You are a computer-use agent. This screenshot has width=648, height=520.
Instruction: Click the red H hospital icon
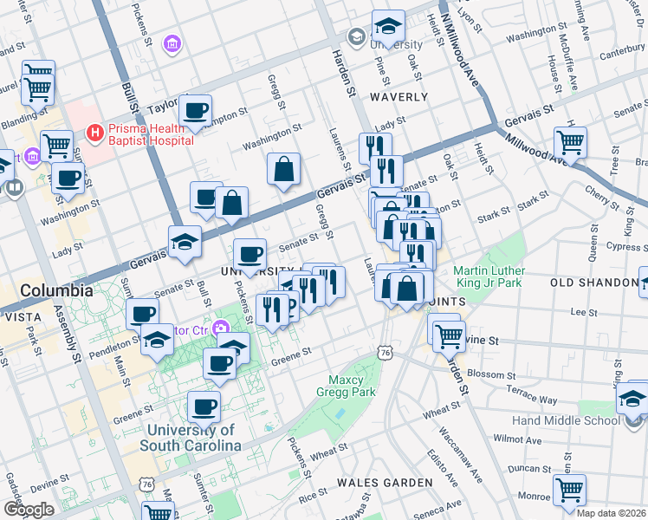pos(94,132)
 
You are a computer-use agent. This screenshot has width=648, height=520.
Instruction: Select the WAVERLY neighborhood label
pos(399,97)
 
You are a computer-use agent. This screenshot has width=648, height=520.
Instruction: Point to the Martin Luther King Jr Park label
pos(498,276)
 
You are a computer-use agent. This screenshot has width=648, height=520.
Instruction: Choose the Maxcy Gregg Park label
pos(352,386)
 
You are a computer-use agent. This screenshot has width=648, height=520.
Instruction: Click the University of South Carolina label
pos(192,438)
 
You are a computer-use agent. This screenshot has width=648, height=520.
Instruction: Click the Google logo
pos(29,509)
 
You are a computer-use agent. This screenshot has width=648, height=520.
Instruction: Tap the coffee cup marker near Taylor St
pos(196,110)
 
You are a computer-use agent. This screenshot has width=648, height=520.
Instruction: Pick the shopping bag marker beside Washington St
pos(283,169)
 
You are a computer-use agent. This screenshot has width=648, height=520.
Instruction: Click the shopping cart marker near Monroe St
pos(569,490)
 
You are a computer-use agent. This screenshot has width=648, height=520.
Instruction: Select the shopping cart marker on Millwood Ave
pos(570,141)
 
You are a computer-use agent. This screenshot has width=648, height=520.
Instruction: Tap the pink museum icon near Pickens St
pos(172,43)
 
